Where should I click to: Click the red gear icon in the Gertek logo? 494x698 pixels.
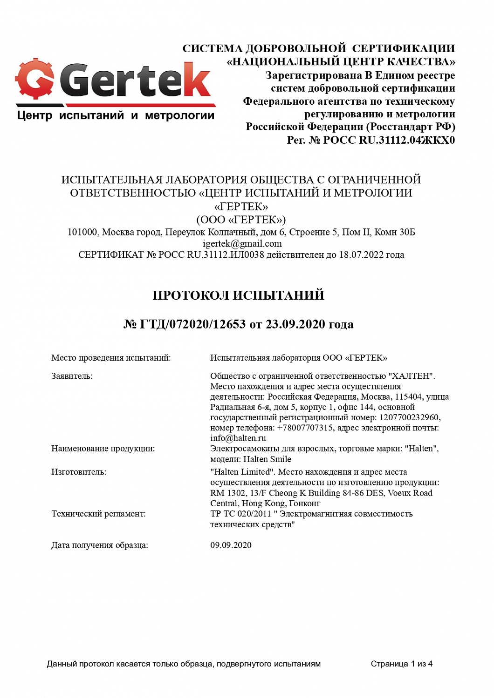pyautogui.click(x=34, y=79)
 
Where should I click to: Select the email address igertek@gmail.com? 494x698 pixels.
pyautogui.click(x=242, y=243)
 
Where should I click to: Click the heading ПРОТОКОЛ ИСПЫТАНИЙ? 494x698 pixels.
pyautogui.click(x=238, y=295)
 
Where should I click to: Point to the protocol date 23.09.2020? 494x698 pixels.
pyautogui.click(x=295, y=324)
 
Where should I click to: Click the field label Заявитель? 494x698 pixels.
pyautogui.click(x=72, y=376)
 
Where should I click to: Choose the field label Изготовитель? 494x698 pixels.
pyautogui.click(x=78, y=472)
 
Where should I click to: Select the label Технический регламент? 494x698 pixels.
pyautogui.click(x=98, y=514)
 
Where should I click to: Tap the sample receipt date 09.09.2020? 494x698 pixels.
pyautogui.click(x=231, y=545)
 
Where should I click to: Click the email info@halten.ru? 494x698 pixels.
pyautogui.click(x=238, y=438)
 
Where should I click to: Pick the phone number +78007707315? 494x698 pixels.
pyautogui.click(x=305, y=428)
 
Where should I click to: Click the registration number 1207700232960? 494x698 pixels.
pyautogui.click(x=409, y=417)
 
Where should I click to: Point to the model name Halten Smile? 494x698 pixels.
pyautogui.click(x=267, y=459)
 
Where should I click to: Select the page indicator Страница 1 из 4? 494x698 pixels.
pyautogui.click(x=401, y=664)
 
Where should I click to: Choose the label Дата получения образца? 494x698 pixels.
pyautogui.click(x=99, y=545)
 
